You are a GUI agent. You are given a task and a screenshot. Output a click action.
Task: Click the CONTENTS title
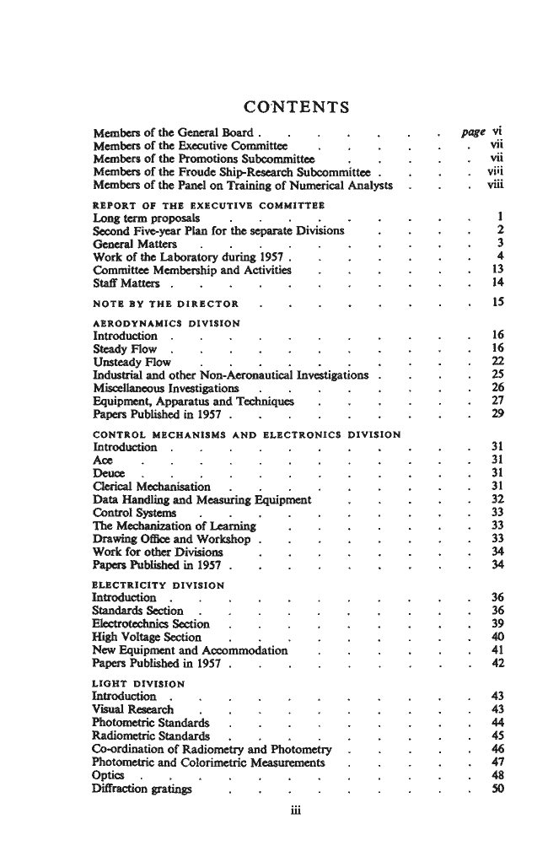(296, 107)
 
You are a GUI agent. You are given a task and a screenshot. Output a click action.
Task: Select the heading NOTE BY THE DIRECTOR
(164, 303)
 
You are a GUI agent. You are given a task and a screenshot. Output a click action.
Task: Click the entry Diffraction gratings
(142, 789)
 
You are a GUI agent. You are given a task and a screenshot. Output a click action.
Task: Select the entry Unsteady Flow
(132, 362)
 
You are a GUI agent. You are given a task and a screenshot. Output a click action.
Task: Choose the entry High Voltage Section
(147, 637)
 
